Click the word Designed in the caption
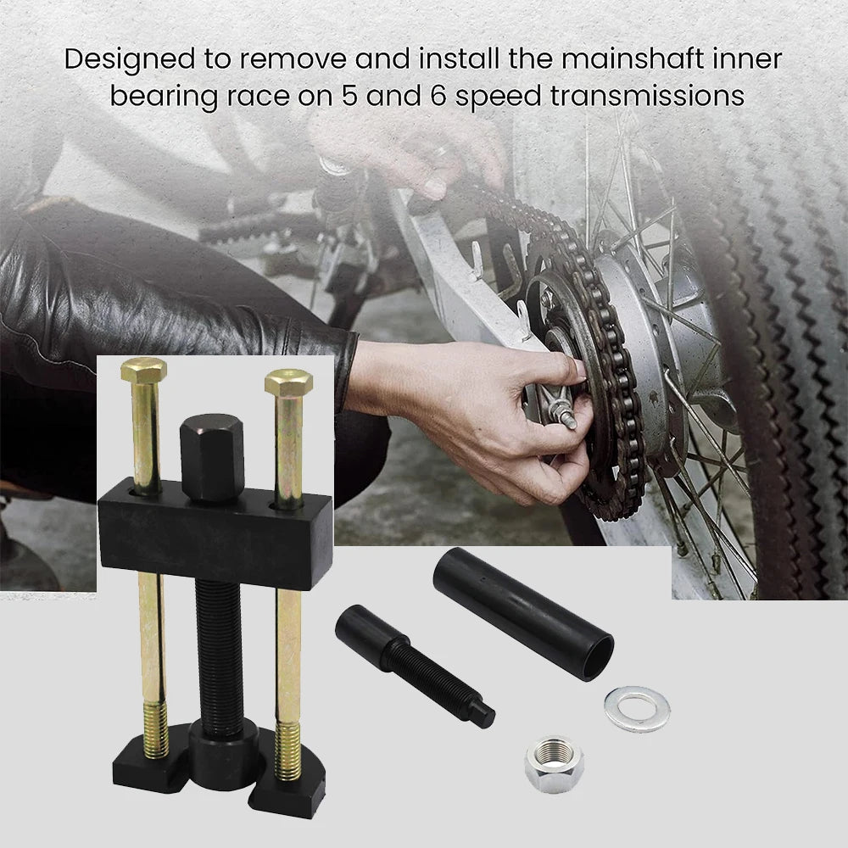tap(130, 60)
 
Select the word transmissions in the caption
tap(647, 97)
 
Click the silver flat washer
tap(637, 708)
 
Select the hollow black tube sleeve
tap(523, 613)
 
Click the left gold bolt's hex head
tap(144, 371)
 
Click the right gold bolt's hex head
tap(289, 382)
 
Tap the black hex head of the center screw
tap(211, 456)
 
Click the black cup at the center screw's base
tap(222, 757)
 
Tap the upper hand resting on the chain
tap(411, 152)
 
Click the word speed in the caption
tap(498, 98)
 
